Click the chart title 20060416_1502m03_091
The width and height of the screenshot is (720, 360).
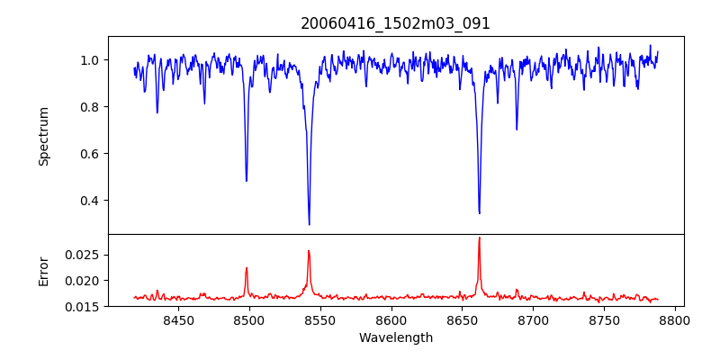click(x=395, y=23)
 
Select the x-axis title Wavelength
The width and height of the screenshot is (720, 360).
click(x=395, y=337)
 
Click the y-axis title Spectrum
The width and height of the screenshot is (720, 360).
click(x=43, y=136)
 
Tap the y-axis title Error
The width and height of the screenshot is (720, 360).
click(x=43, y=270)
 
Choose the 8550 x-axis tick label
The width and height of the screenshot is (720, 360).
click(x=320, y=319)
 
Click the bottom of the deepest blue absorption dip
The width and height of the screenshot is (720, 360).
click(x=309, y=224)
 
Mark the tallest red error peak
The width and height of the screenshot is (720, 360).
click(x=479, y=238)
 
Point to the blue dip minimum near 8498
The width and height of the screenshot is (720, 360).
click(x=247, y=181)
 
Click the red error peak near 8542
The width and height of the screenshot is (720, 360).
click(x=309, y=251)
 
